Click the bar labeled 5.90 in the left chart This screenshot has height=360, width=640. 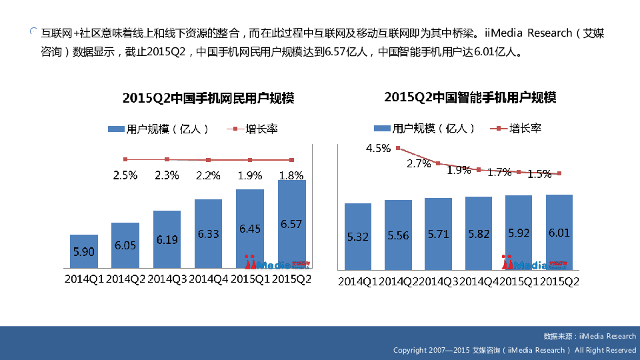tap(84, 251)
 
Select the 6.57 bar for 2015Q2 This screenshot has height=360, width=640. tap(292, 224)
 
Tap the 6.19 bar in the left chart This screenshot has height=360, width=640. tap(167, 239)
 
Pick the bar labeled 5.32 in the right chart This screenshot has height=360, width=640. tap(358, 236)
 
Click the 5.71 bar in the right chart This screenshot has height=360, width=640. tap(438, 234)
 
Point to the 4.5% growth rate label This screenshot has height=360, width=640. tap(378, 148)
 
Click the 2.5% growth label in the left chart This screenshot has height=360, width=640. tap(125, 175)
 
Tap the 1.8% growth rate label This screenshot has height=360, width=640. tap(291, 175)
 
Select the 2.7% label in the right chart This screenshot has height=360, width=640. tap(419, 163)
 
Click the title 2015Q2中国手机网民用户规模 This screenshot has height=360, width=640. tap(209, 99)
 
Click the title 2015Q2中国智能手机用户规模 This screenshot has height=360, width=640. tap(470, 97)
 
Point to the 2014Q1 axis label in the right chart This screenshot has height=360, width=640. tap(359, 281)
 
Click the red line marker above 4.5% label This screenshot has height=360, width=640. tap(398, 148)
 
